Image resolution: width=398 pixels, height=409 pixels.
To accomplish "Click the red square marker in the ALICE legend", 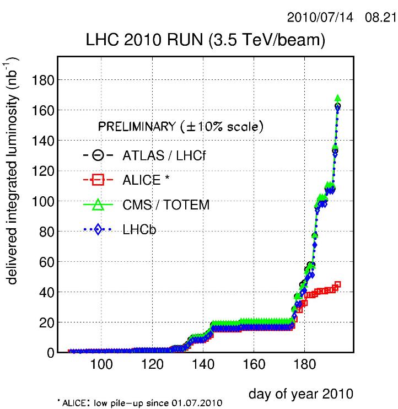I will click(98, 180).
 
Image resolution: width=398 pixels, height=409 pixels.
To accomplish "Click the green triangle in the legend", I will click(98, 205).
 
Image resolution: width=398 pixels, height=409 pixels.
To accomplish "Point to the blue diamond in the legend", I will click(98, 230).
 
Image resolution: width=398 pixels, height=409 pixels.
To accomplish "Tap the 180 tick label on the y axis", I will click(42, 80).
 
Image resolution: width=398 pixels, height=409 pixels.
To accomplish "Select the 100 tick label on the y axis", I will click(42, 201).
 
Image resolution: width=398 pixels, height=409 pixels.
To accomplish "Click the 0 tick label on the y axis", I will click(49, 352).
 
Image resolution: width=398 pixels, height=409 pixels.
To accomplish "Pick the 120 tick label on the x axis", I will click(152, 365).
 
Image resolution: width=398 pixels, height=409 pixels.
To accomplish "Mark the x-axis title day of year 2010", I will click(300, 394).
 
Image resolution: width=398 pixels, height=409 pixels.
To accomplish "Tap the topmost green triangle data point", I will click(337, 99).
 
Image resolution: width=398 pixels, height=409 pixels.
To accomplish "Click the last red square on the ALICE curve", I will click(337, 284).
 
